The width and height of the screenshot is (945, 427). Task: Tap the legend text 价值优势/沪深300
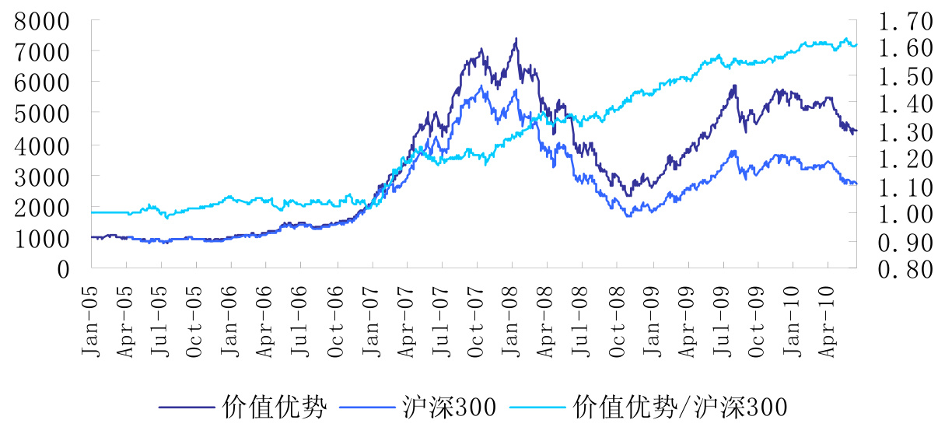[680, 406]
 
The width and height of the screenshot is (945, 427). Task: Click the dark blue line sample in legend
[187, 407]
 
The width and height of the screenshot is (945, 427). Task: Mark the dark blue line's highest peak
[516, 38]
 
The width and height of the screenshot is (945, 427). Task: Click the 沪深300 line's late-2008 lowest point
[628, 215]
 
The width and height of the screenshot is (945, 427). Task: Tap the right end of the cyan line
[856, 45]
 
